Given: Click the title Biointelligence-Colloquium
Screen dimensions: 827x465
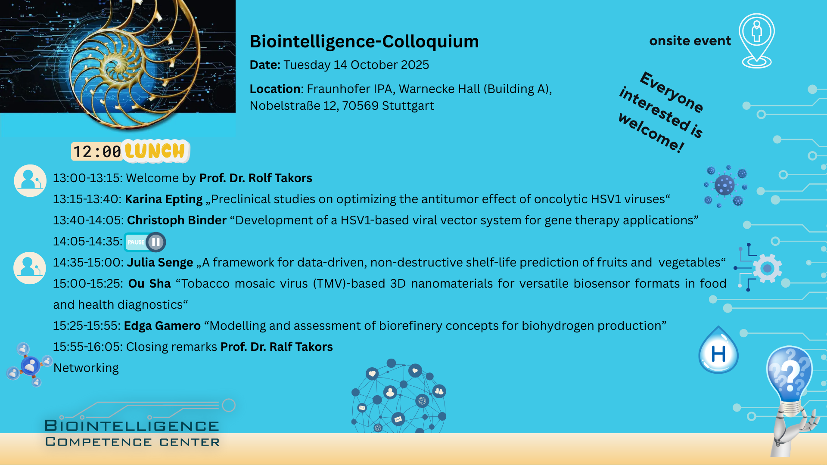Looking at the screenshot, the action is coord(364,41).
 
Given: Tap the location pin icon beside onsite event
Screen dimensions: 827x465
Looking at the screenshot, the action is coord(757,41).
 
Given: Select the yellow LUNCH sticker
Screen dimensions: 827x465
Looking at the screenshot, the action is coord(155,151).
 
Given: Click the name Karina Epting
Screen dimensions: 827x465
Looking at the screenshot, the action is coord(164,199).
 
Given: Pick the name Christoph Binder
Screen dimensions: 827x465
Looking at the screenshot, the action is coord(177,220).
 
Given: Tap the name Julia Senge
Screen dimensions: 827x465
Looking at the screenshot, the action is coord(160,263).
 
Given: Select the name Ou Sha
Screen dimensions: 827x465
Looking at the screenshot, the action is coord(149,284).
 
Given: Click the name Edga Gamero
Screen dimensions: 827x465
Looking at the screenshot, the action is coord(162,326).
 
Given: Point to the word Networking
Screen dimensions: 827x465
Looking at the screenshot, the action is coord(86,368).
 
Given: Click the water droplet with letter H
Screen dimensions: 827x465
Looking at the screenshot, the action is coord(718,350).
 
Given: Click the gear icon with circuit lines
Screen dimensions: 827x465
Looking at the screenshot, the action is coord(759,268).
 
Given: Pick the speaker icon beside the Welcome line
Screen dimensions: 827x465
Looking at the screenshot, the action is coord(30,180).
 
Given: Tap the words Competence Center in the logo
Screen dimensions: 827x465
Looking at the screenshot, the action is coord(132,442).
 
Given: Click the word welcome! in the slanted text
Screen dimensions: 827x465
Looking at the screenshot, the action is coord(651,133).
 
